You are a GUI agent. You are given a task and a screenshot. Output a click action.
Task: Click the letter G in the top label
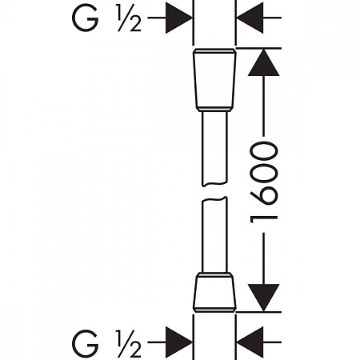pyautogui.click(x=85, y=18)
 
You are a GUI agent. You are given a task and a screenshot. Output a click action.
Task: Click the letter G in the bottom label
pyautogui.click(x=85, y=342)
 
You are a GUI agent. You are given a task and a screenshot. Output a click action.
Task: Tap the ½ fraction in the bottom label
pyautogui.click(x=130, y=343)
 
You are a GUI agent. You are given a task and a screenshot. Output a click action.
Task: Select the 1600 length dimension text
pyautogui.click(x=264, y=182)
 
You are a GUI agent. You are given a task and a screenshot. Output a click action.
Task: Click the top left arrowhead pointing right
pyautogui.click(x=179, y=18)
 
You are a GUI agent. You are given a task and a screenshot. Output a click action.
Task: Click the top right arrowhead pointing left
pyautogui.click(x=250, y=18)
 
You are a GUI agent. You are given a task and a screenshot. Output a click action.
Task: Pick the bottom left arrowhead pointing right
pyautogui.click(x=179, y=342)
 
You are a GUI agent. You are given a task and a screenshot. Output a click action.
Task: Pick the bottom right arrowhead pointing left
pyautogui.click(x=250, y=342)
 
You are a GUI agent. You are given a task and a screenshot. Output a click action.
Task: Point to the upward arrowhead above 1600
pyautogui.click(x=263, y=62)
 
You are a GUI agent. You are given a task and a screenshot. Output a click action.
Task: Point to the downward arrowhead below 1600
pyautogui.click(x=263, y=298)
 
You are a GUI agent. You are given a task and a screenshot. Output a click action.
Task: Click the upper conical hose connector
pyautogui.click(x=214, y=80)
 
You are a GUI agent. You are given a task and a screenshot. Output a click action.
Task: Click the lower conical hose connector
pyautogui.click(x=214, y=292)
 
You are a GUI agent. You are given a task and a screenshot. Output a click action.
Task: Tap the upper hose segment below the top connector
pyautogui.click(x=215, y=149)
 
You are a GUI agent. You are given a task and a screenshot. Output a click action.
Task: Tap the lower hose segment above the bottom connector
pyautogui.click(x=214, y=234)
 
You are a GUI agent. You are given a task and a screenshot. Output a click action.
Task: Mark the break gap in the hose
pyautogui.click(x=214, y=191)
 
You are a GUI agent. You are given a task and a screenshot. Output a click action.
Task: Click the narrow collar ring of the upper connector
pyautogui.click(x=214, y=109)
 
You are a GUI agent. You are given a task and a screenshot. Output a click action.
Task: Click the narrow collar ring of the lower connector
pyautogui.click(x=214, y=274)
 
